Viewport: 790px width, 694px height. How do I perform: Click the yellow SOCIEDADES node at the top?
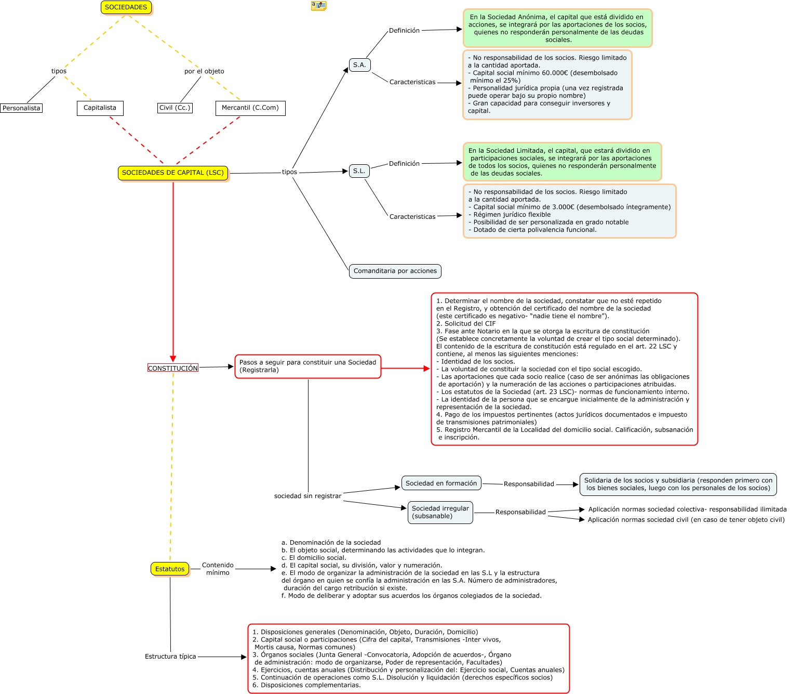coord(126,7)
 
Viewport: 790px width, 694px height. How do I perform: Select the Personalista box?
coord(21,108)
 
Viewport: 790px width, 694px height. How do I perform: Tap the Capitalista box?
coord(100,108)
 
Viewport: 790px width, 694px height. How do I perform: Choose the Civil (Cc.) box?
coord(175,108)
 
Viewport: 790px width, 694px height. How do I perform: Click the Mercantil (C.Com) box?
coord(250,108)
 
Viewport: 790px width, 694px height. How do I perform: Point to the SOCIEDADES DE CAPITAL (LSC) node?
coord(173,173)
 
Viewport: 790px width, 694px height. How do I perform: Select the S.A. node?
coord(359,65)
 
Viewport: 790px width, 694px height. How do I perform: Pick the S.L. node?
coord(359,171)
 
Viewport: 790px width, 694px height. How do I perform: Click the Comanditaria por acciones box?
coord(395,271)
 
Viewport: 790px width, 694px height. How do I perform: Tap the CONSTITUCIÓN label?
coord(173,368)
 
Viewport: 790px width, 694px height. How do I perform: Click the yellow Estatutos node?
coord(170,569)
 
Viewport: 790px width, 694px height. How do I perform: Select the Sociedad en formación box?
coord(441,483)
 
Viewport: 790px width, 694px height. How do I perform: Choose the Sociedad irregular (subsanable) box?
coord(440,512)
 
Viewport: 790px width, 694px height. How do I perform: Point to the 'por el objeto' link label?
coord(204,71)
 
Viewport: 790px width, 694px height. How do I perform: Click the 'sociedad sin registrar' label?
coord(308,496)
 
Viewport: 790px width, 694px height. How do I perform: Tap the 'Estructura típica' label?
coord(170,657)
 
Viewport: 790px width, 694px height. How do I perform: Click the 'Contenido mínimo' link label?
coord(218,569)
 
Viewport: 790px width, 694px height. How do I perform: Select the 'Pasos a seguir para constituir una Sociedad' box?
coord(308,366)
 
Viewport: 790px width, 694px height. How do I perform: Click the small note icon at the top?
coord(318,5)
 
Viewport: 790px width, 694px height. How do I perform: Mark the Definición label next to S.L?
coord(404,164)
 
